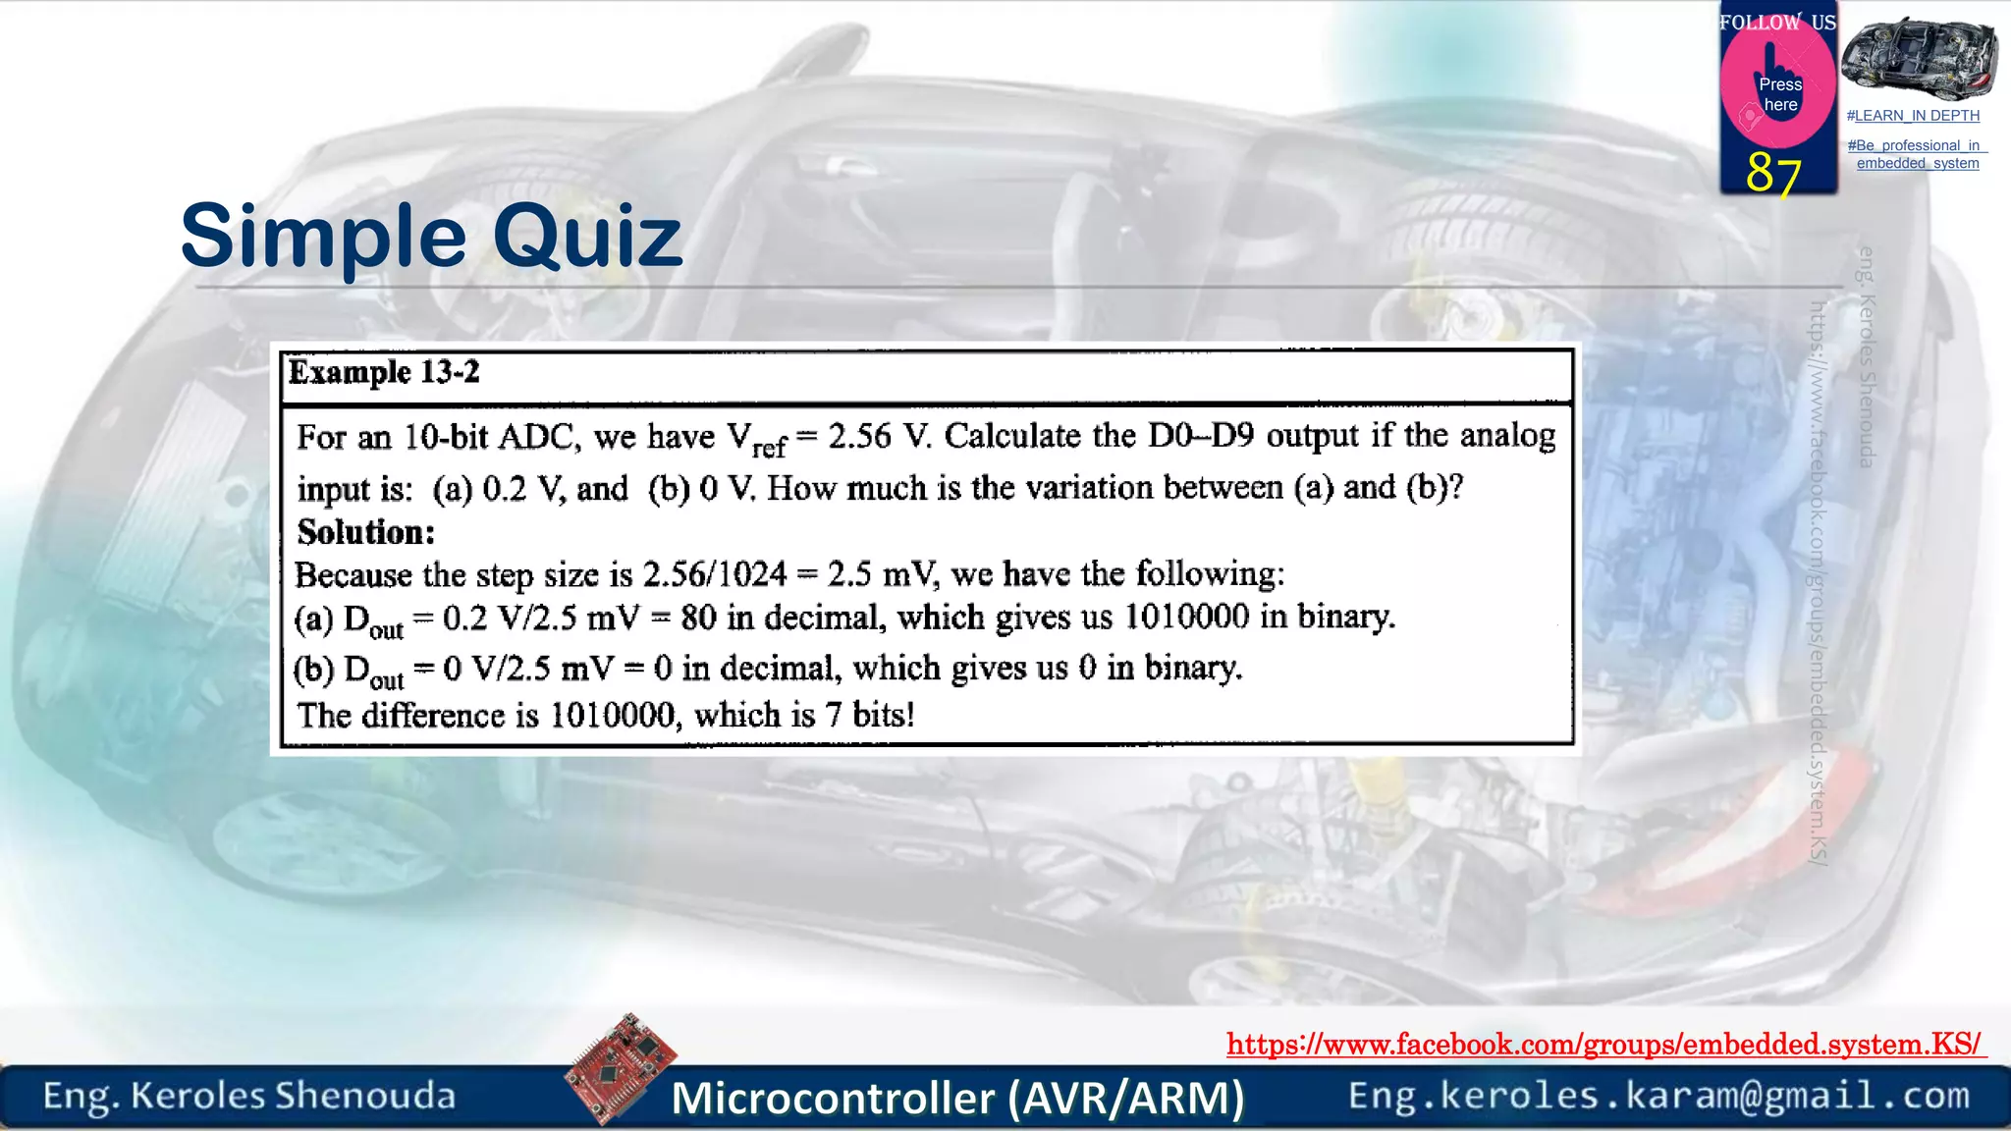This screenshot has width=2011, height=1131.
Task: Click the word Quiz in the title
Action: click(x=587, y=237)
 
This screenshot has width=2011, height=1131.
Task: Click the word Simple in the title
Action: click(x=323, y=237)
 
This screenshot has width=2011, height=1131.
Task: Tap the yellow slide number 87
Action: click(x=1773, y=173)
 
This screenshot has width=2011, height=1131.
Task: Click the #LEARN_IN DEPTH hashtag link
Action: click(x=1913, y=116)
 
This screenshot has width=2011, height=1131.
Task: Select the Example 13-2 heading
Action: click(x=384, y=372)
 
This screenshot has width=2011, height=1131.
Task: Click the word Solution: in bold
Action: click(x=366, y=532)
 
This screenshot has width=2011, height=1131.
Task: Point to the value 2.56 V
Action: click(x=878, y=436)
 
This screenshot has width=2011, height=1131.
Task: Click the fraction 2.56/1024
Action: click(x=715, y=574)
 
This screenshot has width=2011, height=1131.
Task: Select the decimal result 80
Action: click(x=698, y=618)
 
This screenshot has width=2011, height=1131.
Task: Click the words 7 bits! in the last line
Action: click(x=870, y=715)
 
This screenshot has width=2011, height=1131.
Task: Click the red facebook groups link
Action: click(x=1604, y=1044)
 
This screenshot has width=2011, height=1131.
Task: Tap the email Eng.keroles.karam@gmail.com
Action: click(x=1658, y=1096)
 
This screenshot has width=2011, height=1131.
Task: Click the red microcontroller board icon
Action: click(x=621, y=1068)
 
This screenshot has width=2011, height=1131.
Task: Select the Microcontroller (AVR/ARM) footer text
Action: click(x=957, y=1098)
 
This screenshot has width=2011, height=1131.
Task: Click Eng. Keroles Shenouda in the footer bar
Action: click(x=249, y=1096)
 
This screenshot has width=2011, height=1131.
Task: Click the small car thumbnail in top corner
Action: click(x=1919, y=58)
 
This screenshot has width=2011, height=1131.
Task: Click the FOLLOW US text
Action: click(x=1777, y=22)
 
